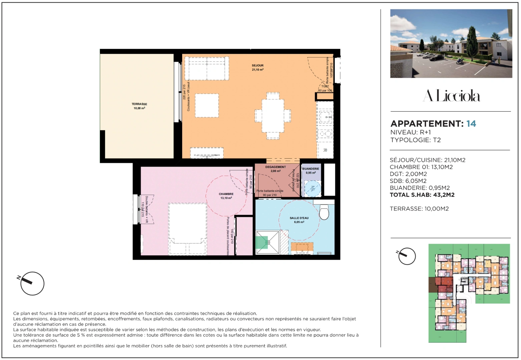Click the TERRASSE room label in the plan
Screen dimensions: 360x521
point(139,106)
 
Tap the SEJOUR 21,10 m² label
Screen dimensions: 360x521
point(257,67)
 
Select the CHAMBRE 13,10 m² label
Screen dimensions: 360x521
point(226,196)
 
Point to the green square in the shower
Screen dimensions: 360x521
point(262,242)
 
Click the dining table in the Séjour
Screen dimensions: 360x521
point(273,116)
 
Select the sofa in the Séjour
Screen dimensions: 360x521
point(207,68)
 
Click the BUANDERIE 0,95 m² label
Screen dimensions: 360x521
point(311,171)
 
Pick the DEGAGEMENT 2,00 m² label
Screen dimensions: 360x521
point(276,169)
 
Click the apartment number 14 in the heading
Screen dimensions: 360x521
point(471,124)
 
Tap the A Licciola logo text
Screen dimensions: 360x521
point(451,96)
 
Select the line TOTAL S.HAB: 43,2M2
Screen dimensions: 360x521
point(422,195)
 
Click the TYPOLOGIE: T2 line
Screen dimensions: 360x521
point(415,140)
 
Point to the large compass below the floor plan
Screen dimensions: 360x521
point(32,283)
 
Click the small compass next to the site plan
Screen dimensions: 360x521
point(407,256)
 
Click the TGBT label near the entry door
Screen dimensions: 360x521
point(325,86)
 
